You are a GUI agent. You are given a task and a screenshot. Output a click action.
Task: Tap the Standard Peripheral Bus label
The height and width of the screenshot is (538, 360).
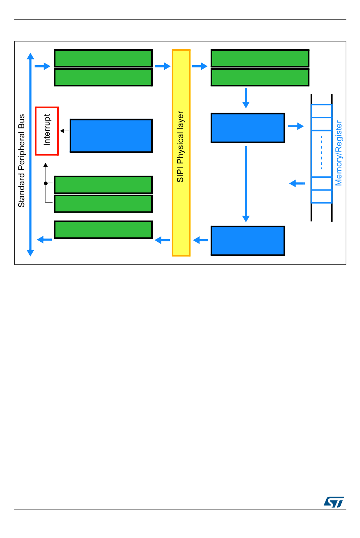(x=22, y=161)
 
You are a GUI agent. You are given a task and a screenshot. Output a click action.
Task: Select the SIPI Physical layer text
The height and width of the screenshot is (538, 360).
(x=180, y=147)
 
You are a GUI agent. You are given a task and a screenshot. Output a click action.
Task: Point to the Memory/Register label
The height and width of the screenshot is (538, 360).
(x=338, y=153)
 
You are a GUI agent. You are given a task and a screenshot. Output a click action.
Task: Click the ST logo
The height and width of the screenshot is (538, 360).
(x=334, y=502)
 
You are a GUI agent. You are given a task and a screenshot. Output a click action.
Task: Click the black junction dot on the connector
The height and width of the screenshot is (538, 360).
(x=46, y=183)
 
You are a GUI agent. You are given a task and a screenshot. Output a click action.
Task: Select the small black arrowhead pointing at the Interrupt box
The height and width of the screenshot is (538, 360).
(x=62, y=131)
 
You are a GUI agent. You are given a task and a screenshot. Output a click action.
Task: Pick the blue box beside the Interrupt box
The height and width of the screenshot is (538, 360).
(x=111, y=136)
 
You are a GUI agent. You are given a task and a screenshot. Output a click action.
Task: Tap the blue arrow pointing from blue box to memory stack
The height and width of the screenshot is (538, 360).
(x=296, y=126)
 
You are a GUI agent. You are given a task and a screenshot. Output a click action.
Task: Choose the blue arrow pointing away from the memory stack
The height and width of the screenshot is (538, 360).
(x=297, y=183)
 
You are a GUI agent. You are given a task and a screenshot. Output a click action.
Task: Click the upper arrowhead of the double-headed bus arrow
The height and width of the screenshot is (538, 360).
(x=31, y=56)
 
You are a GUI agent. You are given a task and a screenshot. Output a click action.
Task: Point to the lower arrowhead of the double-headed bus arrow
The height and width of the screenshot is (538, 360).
(x=31, y=253)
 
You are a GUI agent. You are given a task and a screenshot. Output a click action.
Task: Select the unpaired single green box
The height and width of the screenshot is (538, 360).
(x=103, y=230)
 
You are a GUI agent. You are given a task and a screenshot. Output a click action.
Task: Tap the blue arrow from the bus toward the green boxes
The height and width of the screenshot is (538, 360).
(x=42, y=66)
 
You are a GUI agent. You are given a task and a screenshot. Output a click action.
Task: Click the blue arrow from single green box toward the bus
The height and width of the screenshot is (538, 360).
(x=44, y=239)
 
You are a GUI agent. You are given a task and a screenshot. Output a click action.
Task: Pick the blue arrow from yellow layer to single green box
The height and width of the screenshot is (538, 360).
(x=163, y=240)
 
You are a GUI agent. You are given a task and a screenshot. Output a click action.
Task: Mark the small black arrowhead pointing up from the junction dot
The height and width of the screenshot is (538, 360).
(x=46, y=165)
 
